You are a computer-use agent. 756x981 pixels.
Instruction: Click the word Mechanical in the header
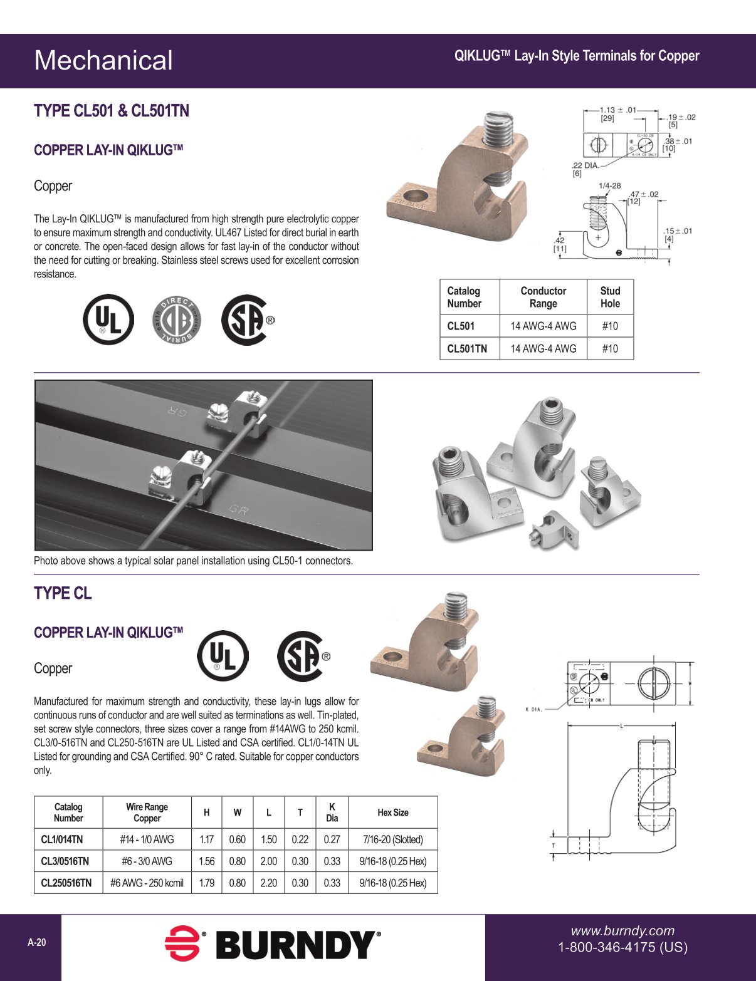tap(103, 60)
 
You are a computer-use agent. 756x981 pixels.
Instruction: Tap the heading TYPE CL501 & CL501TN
tap(111, 111)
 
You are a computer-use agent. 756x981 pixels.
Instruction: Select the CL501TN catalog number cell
tap(467, 348)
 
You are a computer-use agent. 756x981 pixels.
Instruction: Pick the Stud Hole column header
tap(610, 297)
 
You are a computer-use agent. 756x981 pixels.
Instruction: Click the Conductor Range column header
tap(543, 297)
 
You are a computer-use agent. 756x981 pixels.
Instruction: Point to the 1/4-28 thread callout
tap(609, 185)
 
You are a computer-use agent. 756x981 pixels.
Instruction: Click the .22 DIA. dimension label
tap(585, 165)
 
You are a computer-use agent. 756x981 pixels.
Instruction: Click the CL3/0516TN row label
tap(65, 861)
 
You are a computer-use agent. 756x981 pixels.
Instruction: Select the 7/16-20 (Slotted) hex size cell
tap(392, 839)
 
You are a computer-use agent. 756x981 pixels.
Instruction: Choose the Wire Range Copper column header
tap(147, 812)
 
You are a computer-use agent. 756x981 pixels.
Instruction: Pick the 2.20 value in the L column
tap(268, 883)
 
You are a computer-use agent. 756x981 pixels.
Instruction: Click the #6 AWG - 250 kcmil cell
tap(147, 883)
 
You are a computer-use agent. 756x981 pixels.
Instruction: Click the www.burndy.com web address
tap(622, 931)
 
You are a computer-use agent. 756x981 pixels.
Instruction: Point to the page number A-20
tap(37, 942)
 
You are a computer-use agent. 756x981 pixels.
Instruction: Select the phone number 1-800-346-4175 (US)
tap(622, 947)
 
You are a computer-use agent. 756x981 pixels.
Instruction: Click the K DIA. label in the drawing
tap(534, 709)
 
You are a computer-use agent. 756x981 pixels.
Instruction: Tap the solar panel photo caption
tap(193, 561)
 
